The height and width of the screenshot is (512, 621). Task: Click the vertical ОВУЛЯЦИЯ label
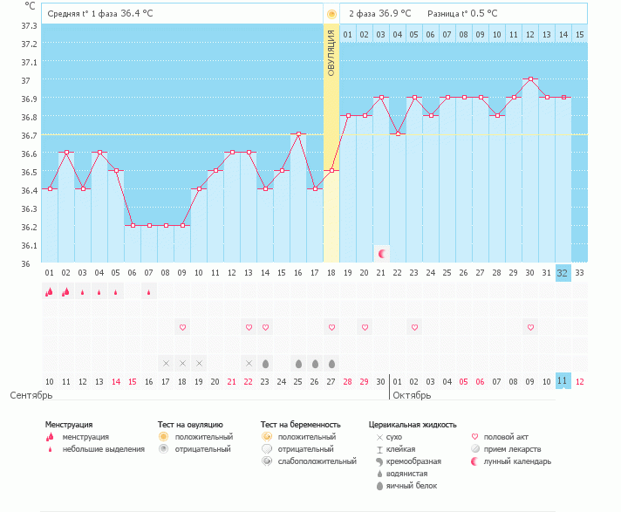pos(331,53)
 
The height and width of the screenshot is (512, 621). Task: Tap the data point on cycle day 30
pos(530,79)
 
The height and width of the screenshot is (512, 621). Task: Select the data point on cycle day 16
pos(298,134)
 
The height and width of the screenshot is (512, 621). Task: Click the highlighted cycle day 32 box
pos(563,272)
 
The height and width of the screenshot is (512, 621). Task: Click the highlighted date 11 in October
pos(563,381)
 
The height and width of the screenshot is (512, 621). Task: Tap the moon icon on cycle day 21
pos(381,253)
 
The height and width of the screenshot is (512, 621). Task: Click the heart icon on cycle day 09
pos(182,327)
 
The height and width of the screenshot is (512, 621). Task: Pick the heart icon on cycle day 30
pos(530,327)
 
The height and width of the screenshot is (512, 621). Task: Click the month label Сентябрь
pos(31,395)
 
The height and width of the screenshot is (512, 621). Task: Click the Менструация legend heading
pos(69,425)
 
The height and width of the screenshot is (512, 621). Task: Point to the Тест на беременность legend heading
pos(299,425)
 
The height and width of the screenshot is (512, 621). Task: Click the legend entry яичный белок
pos(413,486)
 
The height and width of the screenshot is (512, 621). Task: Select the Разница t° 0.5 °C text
pos(462,14)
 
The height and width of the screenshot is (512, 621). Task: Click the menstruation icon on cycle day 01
pos(49,292)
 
